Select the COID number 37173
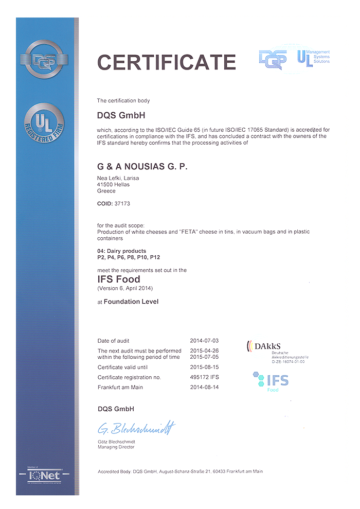click(122, 204)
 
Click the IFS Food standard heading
click(118, 279)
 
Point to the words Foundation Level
click(131, 302)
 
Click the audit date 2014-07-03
click(205, 341)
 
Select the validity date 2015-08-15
click(205, 367)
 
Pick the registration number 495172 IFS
click(205, 377)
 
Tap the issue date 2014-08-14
click(205, 387)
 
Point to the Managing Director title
click(116, 447)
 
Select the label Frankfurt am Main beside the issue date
click(120, 387)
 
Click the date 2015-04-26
click(205, 350)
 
